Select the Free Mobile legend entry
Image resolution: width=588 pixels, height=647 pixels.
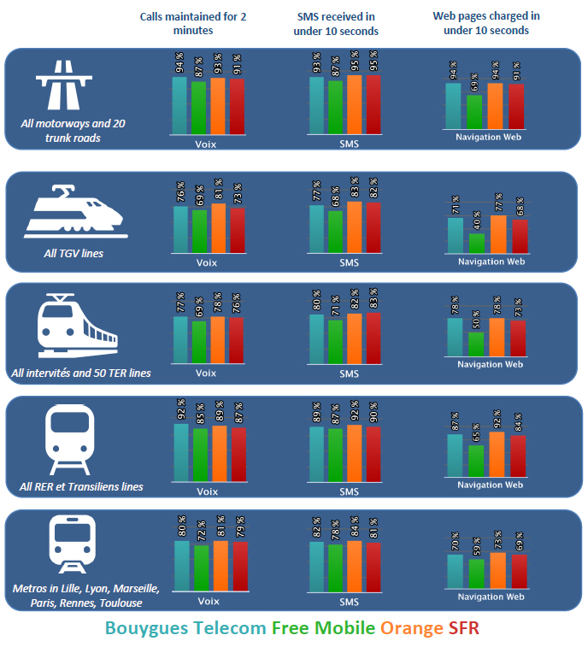point(323,628)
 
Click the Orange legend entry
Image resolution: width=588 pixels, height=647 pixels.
point(412,628)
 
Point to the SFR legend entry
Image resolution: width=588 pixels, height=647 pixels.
point(464,628)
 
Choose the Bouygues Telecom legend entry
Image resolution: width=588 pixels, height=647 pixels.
point(185,628)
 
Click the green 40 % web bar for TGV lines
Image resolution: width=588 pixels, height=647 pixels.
point(477,243)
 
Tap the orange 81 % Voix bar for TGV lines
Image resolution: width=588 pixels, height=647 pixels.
point(219,228)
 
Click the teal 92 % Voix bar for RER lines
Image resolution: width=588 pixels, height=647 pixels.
point(180,452)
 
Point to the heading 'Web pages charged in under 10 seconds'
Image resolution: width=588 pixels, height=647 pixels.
point(486,23)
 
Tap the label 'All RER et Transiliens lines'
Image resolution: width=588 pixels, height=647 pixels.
point(81,487)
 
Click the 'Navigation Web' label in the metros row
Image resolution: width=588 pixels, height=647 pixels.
point(490,597)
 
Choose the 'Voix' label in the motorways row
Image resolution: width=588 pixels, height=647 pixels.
point(206,144)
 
